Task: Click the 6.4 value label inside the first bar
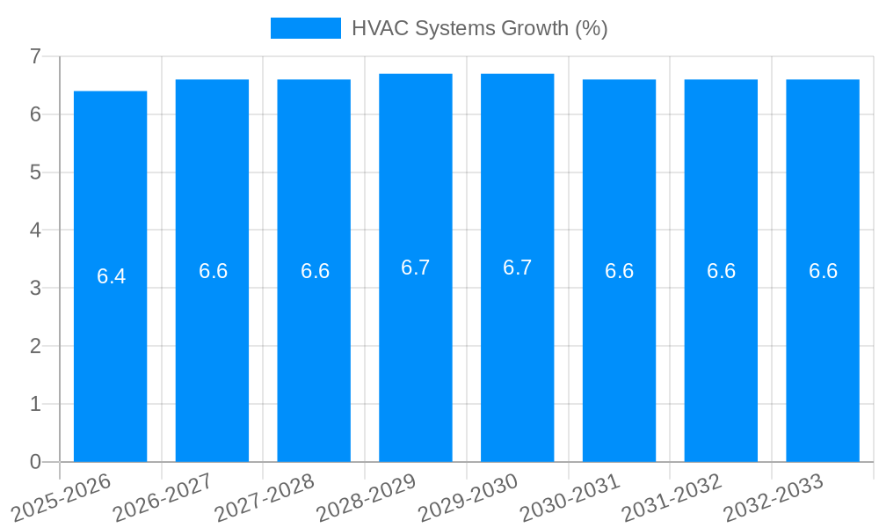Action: tap(111, 276)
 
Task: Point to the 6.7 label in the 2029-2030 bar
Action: tap(517, 268)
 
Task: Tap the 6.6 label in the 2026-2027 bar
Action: tap(213, 271)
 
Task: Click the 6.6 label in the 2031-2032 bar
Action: tap(721, 271)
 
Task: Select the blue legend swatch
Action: tap(305, 28)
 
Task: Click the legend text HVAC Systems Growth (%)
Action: tap(479, 28)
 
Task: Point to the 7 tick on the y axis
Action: tap(35, 57)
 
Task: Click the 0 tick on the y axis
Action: tap(35, 462)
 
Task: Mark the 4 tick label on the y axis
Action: tap(35, 231)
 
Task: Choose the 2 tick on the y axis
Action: tap(35, 347)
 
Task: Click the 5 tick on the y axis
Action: tap(35, 172)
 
